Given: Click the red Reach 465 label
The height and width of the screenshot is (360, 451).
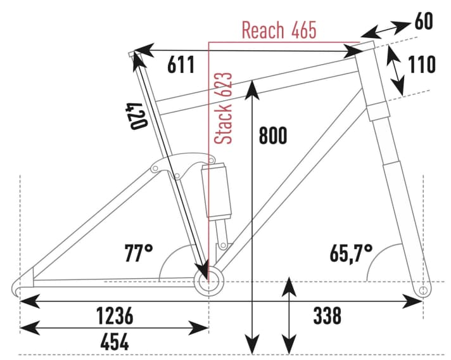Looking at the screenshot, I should [x=279, y=30].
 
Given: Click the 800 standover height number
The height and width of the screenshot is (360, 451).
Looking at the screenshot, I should [x=272, y=136].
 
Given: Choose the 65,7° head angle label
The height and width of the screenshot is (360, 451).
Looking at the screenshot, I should [x=350, y=254].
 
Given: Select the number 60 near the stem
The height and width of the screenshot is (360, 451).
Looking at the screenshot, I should [x=425, y=21].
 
